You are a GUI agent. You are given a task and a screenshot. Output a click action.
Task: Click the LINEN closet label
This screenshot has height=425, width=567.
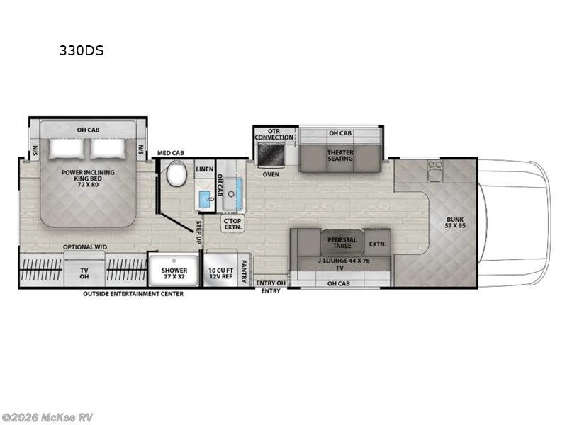coord(204,169)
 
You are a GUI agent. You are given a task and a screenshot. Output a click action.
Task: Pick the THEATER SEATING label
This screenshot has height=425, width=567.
coord(339,156)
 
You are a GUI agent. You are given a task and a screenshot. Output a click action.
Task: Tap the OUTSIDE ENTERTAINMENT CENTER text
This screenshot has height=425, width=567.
coord(133,294)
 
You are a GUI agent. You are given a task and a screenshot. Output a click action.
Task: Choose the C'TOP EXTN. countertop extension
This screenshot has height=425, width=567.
coord(232,224)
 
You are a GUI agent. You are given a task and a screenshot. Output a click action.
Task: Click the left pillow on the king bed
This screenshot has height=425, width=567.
coord(67,149)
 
